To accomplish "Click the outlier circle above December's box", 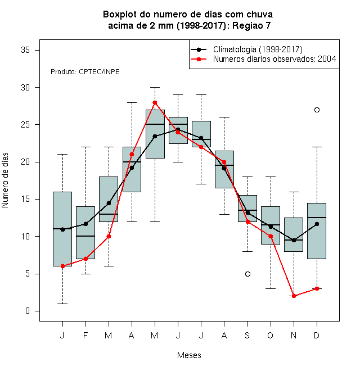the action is pyautogui.click(x=317, y=110).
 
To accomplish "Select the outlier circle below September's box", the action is pyautogui.click(x=247, y=274).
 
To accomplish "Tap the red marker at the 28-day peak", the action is pyautogui.click(x=155, y=102).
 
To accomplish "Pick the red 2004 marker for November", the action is pyautogui.click(x=294, y=296).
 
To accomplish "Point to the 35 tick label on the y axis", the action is pyautogui.click(x=25, y=50).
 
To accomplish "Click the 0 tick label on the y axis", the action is pyautogui.click(x=28, y=311).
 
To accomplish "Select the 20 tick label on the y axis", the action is pyautogui.click(x=25, y=162).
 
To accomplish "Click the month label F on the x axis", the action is pyautogui.click(x=85, y=335).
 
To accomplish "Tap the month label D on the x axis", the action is pyautogui.click(x=317, y=335).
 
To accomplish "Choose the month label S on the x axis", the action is pyautogui.click(x=247, y=335).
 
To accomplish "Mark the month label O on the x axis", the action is pyautogui.click(x=270, y=335).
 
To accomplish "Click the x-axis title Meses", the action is pyautogui.click(x=189, y=355).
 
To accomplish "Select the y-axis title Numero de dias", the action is pyautogui.click(x=5, y=180).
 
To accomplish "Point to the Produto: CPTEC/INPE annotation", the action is pyautogui.click(x=85, y=72).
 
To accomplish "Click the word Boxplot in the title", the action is pyautogui.click(x=120, y=15).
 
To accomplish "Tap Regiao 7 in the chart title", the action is pyautogui.click(x=251, y=25).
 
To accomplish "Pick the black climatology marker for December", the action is pyautogui.click(x=317, y=224).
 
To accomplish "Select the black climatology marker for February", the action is pyautogui.click(x=85, y=224).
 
